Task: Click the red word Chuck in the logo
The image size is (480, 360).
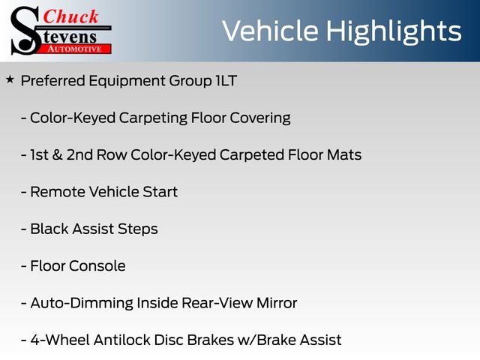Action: [x=70, y=16]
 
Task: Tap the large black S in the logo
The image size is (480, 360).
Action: [x=25, y=31]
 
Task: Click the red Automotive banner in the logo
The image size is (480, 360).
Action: [x=75, y=49]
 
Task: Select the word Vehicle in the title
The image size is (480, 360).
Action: [x=270, y=31]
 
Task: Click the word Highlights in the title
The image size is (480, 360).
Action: [x=394, y=31]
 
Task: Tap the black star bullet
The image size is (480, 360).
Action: [x=10, y=80]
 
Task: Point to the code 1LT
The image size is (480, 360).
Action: [x=226, y=81]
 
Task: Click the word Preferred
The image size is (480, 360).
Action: [x=53, y=81]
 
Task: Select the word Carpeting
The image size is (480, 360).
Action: [x=153, y=118]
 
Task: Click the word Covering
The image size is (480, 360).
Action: [x=260, y=118]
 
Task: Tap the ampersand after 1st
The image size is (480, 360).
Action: [x=57, y=154]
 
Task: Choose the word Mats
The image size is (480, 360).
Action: [x=344, y=154]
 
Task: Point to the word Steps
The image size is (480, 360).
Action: [x=138, y=229]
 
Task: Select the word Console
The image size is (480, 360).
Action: [x=97, y=265]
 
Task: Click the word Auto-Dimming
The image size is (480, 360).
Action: [x=82, y=303]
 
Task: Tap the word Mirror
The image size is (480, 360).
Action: [x=277, y=303]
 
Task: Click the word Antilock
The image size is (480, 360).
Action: [x=121, y=340]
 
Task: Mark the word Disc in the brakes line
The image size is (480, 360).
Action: [x=168, y=340]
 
